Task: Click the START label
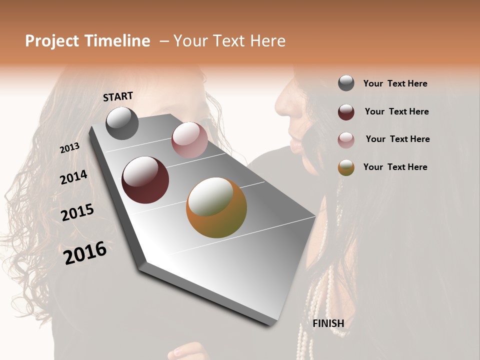tap(118, 96)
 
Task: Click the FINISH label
tap(328, 323)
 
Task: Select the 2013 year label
tap(70, 147)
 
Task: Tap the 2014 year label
tap(73, 177)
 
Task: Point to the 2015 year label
tap(77, 212)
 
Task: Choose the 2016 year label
tap(85, 253)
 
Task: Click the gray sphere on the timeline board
tap(122, 123)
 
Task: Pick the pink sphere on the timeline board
tap(189, 140)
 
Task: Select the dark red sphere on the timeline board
tap(145, 180)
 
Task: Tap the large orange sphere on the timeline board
tap(216, 207)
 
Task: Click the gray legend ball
tap(346, 83)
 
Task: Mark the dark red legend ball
tap(346, 112)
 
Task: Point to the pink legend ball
tap(346, 139)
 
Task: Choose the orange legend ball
tap(346, 167)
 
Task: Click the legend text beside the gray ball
tap(395, 83)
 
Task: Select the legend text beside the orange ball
tap(395, 167)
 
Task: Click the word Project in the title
tap(51, 41)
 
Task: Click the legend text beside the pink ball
tap(397, 139)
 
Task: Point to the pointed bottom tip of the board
tap(272, 324)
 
